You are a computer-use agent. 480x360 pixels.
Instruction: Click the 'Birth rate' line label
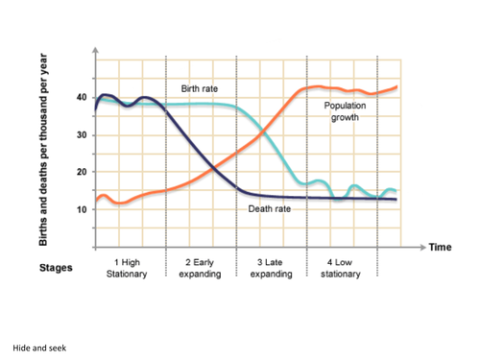[x=200, y=88]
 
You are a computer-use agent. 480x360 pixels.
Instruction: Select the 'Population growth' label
[x=346, y=111]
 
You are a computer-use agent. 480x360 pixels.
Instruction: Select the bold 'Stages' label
[x=55, y=268]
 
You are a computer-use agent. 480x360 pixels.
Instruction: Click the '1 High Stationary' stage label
[x=130, y=267]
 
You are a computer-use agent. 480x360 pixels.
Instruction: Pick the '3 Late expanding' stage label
[x=271, y=267]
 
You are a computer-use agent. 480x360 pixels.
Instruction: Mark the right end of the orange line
[x=396, y=87]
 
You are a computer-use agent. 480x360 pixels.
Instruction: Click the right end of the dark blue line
[x=396, y=200]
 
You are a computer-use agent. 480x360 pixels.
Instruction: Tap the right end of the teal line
[x=396, y=191]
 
